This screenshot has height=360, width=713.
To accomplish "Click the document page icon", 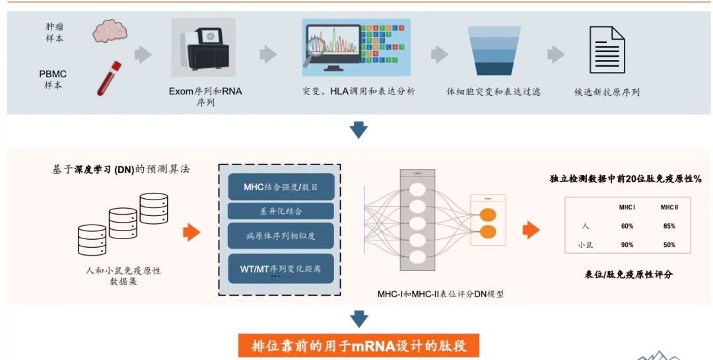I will point(607,50).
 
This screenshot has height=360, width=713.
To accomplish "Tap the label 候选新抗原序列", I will point(607,92).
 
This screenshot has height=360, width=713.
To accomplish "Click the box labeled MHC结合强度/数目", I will point(281,187).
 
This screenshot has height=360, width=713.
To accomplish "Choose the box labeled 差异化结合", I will point(281,211).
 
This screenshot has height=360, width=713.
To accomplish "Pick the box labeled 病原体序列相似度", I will point(281,236).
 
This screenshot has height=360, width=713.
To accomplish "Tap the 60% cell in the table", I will point(627,226).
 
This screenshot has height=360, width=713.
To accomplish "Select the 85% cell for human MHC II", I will point(669,226).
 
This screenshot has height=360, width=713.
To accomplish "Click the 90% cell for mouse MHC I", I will point(627,245).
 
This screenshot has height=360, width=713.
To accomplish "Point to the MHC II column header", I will point(669,207).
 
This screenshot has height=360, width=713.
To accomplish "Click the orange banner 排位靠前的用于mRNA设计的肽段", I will point(358,346).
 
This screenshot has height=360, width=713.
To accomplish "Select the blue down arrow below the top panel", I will point(358,129).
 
